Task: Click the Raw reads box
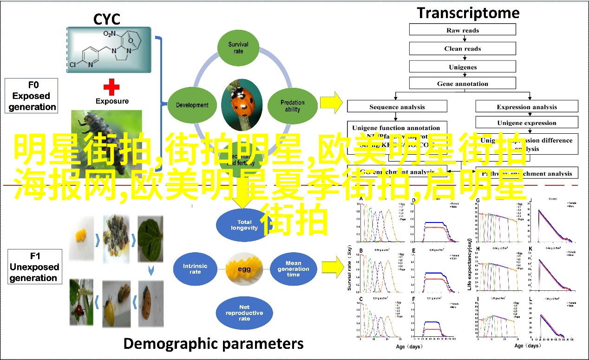tap(462, 30)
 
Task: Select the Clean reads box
tap(462, 48)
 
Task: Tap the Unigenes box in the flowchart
tap(462, 67)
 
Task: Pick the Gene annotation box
tap(462, 84)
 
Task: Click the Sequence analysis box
tap(397, 107)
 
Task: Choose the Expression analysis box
tap(527, 107)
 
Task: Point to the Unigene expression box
tap(527, 123)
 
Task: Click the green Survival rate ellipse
tap(238, 48)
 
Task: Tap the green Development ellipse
tap(192, 105)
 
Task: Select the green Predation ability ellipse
tap(293, 106)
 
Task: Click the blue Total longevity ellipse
tap(245, 225)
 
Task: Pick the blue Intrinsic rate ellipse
tap(195, 268)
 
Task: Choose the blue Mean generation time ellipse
tap(293, 268)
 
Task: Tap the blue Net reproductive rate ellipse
tap(244, 313)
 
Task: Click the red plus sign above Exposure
tap(111, 87)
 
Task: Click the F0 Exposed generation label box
tap(32, 96)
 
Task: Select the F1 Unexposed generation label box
tap(35, 267)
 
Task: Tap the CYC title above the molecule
tap(107, 20)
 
